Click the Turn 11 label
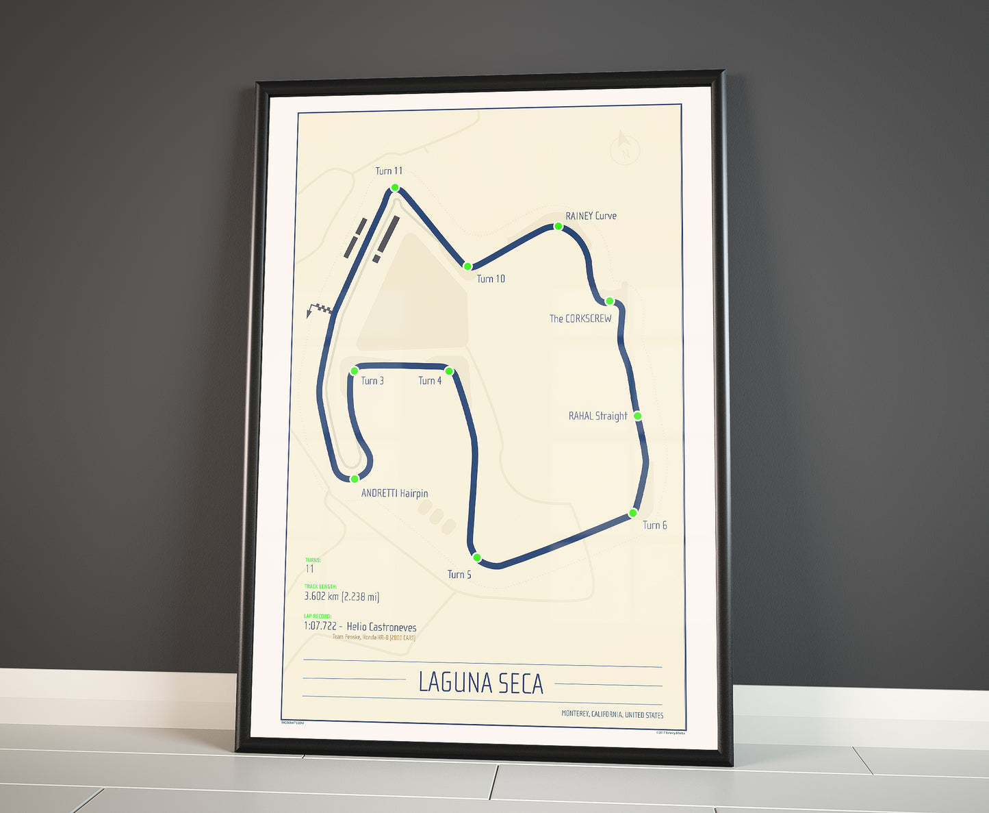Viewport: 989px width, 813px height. (389, 171)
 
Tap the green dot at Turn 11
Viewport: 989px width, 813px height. (395, 188)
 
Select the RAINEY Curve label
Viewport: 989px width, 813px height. (591, 216)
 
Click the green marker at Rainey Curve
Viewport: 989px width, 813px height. (558, 227)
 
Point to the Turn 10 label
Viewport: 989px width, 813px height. (491, 279)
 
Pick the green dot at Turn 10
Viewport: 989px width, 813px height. (467, 266)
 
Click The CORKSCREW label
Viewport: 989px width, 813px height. (580, 318)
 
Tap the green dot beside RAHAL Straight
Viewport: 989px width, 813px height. (637, 416)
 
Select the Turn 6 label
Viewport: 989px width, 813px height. (654, 525)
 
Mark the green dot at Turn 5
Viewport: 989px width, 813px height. (477, 558)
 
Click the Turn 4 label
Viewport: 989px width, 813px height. (430, 381)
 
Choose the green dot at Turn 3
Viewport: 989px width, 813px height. (355, 371)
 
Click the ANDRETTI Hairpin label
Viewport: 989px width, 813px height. (394, 493)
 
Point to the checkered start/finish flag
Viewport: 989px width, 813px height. (320, 310)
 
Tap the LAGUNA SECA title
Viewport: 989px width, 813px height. (480, 683)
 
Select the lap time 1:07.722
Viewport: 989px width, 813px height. (320, 627)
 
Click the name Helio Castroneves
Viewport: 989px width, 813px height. (381, 627)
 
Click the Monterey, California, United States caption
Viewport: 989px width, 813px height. (612, 714)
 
